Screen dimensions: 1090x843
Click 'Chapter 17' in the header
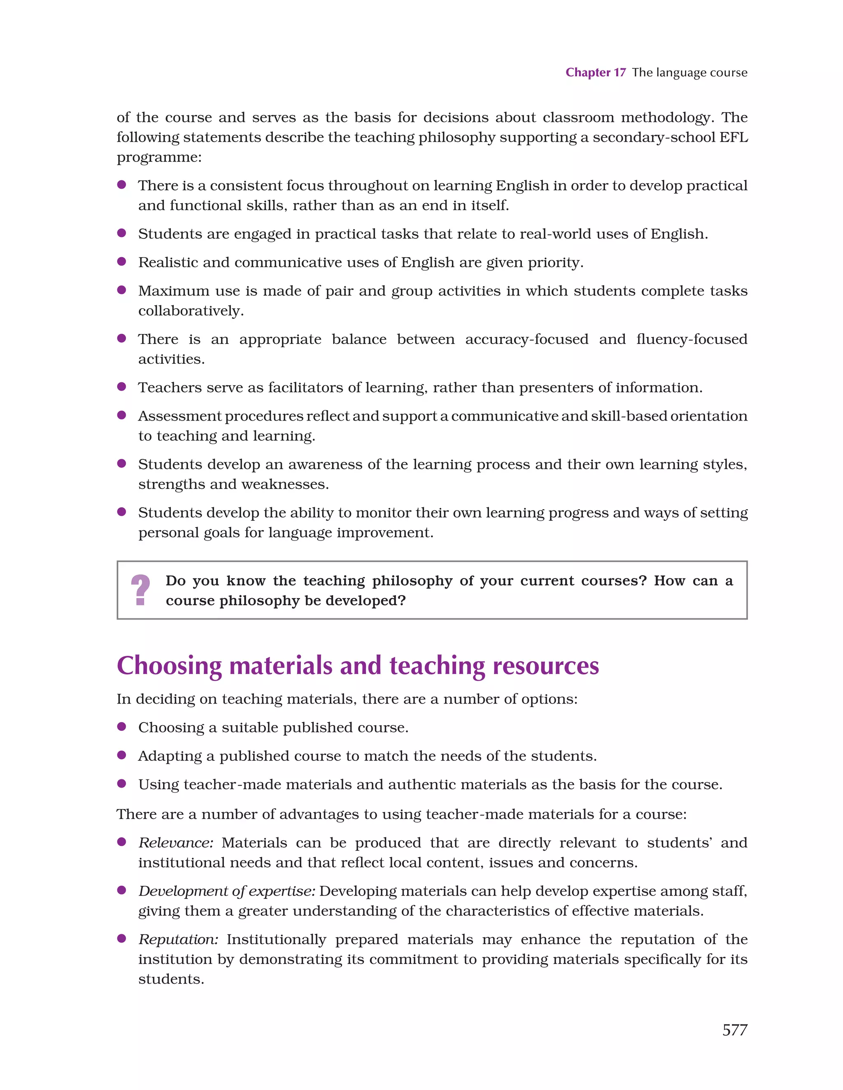coord(595,73)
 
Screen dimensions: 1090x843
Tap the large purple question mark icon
coord(141,590)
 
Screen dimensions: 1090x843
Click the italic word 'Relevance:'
coord(176,843)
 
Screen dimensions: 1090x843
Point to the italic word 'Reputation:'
coord(178,940)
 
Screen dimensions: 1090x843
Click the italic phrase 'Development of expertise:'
coord(226,891)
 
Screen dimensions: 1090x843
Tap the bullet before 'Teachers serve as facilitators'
coord(121,387)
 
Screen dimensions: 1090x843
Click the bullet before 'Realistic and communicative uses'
coord(121,262)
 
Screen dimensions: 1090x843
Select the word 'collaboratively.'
coord(191,311)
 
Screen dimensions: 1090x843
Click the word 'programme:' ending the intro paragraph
coord(159,158)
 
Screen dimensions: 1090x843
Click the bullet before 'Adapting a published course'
coord(121,755)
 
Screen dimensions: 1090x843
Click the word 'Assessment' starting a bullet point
coord(179,416)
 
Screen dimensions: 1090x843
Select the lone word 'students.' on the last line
coord(171,979)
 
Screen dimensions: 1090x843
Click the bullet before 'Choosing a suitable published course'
coord(121,727)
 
